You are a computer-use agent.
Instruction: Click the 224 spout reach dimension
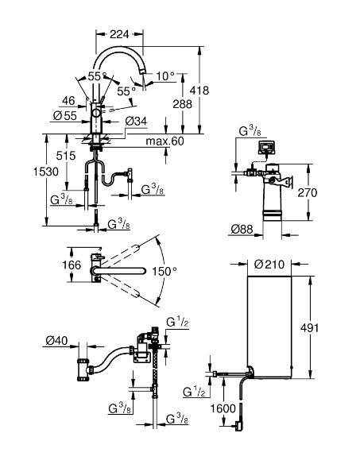click(x=119, y=34)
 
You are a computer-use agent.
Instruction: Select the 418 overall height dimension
click(x=199, y=90)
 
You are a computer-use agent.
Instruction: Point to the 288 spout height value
click(x=183, y=104)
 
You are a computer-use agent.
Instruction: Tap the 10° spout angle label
click(x=165, y=76)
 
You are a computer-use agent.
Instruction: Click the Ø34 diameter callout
click(x=136, y=122)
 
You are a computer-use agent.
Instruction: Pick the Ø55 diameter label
click(x=65, y=116)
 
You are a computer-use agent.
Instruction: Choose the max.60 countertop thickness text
click(x=165, y=141)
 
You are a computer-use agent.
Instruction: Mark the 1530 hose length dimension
click(x=45, y=172)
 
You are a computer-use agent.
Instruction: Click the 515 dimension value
click(x=66, y=156)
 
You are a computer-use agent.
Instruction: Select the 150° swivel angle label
click(x=165, y=271)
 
